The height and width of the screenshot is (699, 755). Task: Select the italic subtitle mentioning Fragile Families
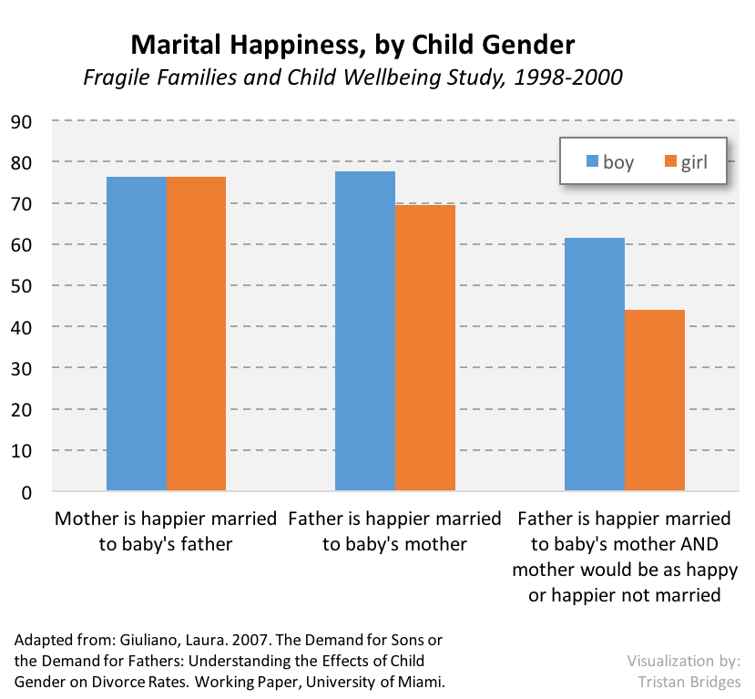pyautogui.click(x=353, y=77)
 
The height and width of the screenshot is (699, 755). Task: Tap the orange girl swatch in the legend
pyautogui.click(x=669, y=162)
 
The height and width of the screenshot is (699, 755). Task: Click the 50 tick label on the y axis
pyautogui.click(x=21, y=286)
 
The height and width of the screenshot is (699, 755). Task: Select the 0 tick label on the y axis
pyautogui.click(x=26, y=493)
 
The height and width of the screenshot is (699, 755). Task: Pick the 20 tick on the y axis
pyautogui.click(x=21, y=410)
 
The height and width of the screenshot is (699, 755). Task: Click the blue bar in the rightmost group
pyautogui.click(x=594, y=365)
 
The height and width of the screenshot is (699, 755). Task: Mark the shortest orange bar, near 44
pyautogui.click(x=654, y=400)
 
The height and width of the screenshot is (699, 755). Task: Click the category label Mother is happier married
pyautogui.click(x=166, y=519)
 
